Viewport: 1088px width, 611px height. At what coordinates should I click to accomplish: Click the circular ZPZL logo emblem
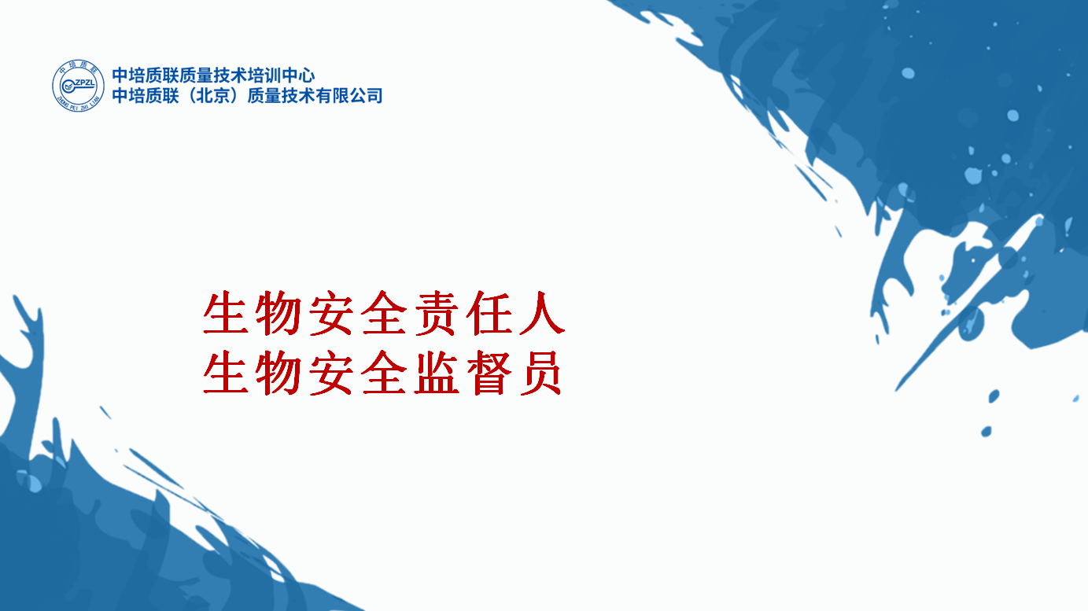[78, 86]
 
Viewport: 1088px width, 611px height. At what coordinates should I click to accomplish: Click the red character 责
[437, 313]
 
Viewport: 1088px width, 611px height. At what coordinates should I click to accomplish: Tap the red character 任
[489, 313]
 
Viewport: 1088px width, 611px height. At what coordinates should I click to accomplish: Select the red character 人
[542, 313]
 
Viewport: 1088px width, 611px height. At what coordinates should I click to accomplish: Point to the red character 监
[437, 373]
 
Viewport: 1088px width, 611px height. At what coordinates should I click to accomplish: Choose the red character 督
[489, 373]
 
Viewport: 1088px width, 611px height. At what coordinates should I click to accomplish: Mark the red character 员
[540, 373]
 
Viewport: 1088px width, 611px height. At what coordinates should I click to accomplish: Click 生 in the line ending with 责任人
[225, 313]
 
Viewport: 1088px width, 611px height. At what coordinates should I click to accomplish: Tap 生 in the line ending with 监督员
[225, 373]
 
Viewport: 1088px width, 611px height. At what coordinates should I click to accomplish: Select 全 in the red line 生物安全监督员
[384, 373]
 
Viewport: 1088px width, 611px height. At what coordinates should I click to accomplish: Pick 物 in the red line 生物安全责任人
[278, 313]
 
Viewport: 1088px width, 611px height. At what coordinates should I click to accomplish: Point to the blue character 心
[307, 75]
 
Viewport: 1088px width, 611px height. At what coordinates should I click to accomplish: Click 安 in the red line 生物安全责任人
[330, 313]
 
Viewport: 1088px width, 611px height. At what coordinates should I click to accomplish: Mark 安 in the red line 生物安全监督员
[330, 373]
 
